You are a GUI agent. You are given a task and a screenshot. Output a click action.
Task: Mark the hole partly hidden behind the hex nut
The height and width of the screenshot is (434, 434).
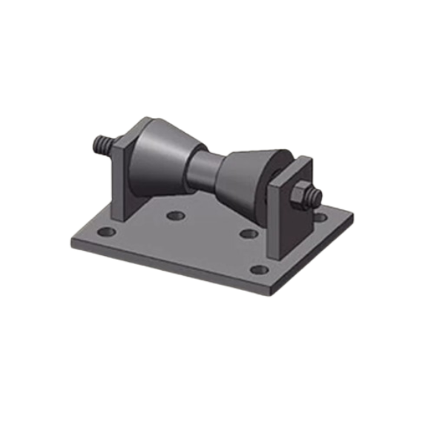tap(319, 219)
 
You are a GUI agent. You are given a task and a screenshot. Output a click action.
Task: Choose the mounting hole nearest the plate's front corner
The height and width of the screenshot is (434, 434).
tap(257, 269)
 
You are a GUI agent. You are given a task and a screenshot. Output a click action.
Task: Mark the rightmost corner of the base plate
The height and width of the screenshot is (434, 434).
tap(354, 214)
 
